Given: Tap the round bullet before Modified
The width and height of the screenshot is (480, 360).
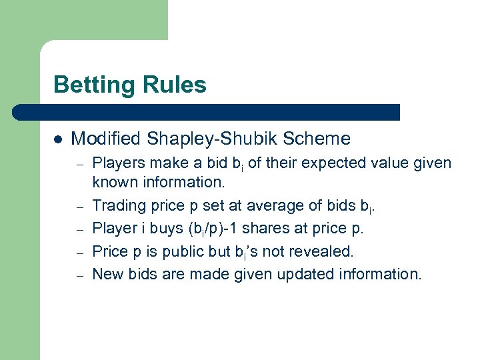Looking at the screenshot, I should click(x=58, y=140).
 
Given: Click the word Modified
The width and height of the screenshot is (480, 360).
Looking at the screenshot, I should click(x=106, y=139).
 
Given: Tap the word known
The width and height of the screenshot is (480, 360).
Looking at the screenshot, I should click(x=113, y=182).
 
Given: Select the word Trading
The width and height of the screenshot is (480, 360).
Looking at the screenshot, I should click(x=117, y=210).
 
